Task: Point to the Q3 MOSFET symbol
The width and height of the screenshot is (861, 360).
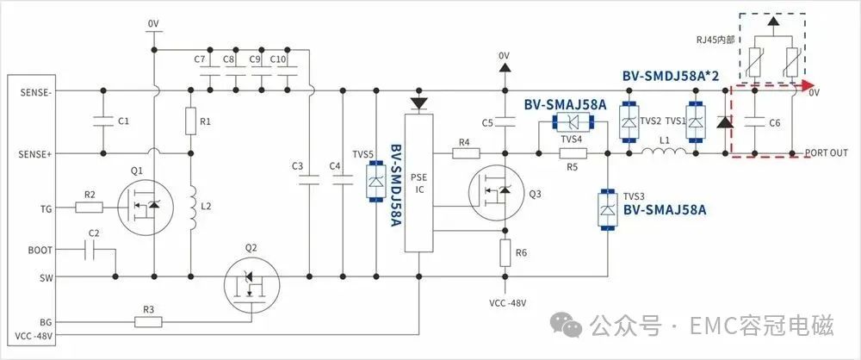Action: pyautogui.click(x=497, y=192)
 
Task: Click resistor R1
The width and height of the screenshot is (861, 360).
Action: pyautogui.click(x=190, y=121)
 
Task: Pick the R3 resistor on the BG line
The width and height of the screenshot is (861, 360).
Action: pyautogui.click(x=148, y=321)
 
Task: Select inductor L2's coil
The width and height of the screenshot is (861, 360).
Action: pyautogui.click(x=192, y=208)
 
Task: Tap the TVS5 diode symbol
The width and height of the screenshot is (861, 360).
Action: pyautogui.click(x=376, y=182)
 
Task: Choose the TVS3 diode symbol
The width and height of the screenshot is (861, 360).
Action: pyautogui.click(x=607, y=210)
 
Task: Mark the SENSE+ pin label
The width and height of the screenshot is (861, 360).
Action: pyautogui.click(x=35, y=154)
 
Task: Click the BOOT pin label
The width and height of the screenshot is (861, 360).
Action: pyautogui.click(x=40, y=250)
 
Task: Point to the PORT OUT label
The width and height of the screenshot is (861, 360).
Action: pyautogui.click(x=827, y=153)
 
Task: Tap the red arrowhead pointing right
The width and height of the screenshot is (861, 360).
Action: pyautogui.click(x=808, y=84)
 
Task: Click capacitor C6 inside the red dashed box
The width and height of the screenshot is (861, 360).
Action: pyautogui.click(x=754, y=123)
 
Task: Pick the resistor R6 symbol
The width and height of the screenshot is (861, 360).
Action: pyautogui.click(x=504, y=253)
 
